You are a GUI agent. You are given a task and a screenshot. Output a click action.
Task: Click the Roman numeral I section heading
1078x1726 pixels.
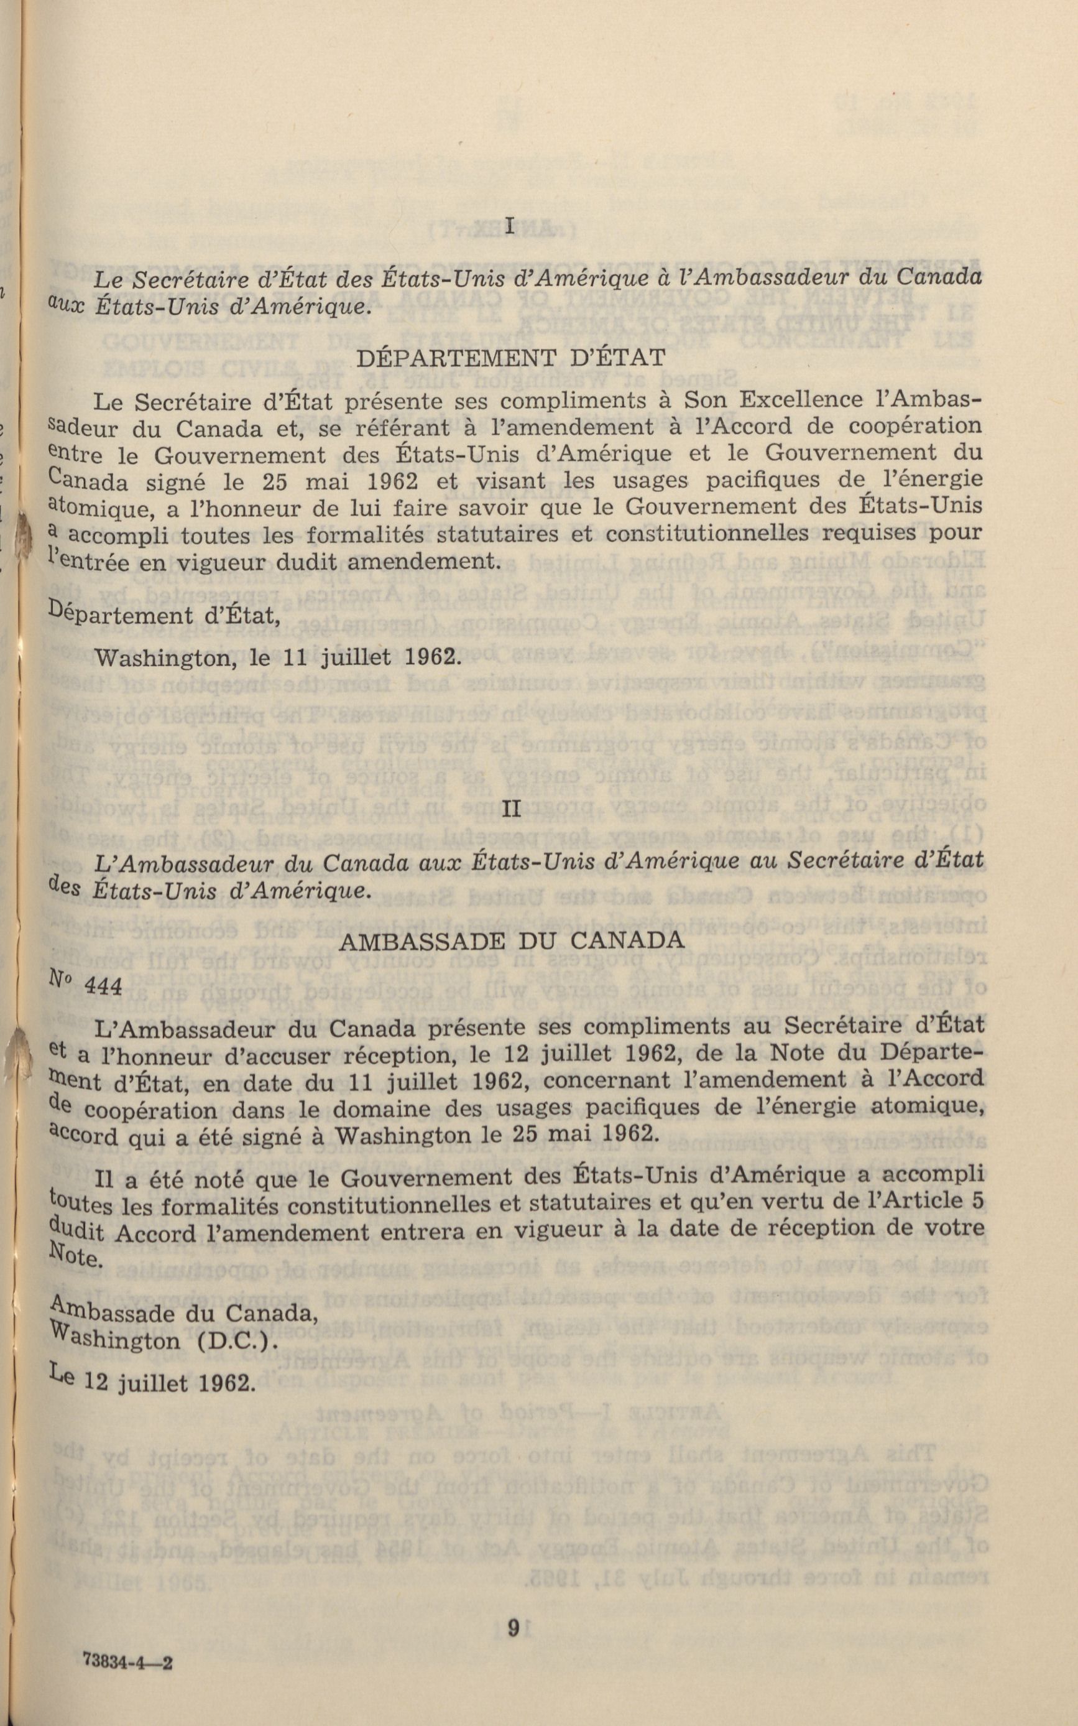tap(510, 228)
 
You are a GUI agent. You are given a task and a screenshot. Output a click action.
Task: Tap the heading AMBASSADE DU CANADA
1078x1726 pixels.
tap(512, 940)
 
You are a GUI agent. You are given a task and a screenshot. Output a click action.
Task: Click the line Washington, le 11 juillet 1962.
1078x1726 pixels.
tap(275, 656)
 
